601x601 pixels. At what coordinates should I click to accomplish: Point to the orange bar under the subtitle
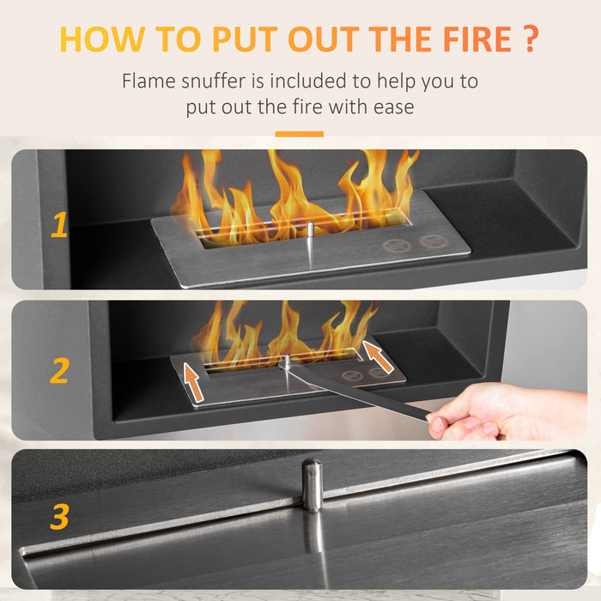coord(300,134)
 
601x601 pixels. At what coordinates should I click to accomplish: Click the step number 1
coord(58,225)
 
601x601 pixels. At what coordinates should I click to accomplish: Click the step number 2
coord(58,371)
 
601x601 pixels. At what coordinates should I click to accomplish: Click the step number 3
coord(58,517)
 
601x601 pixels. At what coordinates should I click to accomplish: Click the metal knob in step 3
coord(313,485)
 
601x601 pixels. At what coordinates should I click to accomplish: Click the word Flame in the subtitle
coord(149,82)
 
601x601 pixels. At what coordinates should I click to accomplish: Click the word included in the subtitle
coord(315,82)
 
